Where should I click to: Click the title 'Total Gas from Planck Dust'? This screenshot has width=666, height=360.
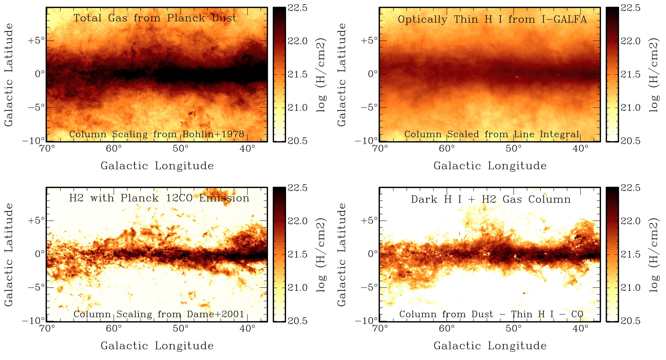click(155, 18)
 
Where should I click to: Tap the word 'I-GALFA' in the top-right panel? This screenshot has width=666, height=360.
click(564, 20)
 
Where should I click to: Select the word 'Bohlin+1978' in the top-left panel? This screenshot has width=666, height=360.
click(213, 134)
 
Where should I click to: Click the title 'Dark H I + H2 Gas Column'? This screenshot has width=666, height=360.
click(491, 199)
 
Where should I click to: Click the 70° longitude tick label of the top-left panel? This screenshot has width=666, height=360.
click(47, 149)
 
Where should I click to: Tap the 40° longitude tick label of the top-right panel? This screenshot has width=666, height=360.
click(581, 149)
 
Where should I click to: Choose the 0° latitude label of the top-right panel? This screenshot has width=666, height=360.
click(373, 74)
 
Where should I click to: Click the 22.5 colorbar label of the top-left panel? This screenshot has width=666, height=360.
click(297, 8)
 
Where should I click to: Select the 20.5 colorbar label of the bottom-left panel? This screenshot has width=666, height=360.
click(297, 321)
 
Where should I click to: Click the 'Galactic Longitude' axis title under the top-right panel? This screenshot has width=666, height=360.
click(490, 166)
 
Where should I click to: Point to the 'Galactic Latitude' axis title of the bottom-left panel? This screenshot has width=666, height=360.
click(9, 255)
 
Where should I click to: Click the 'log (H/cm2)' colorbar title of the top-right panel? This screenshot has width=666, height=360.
click(654, 75)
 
